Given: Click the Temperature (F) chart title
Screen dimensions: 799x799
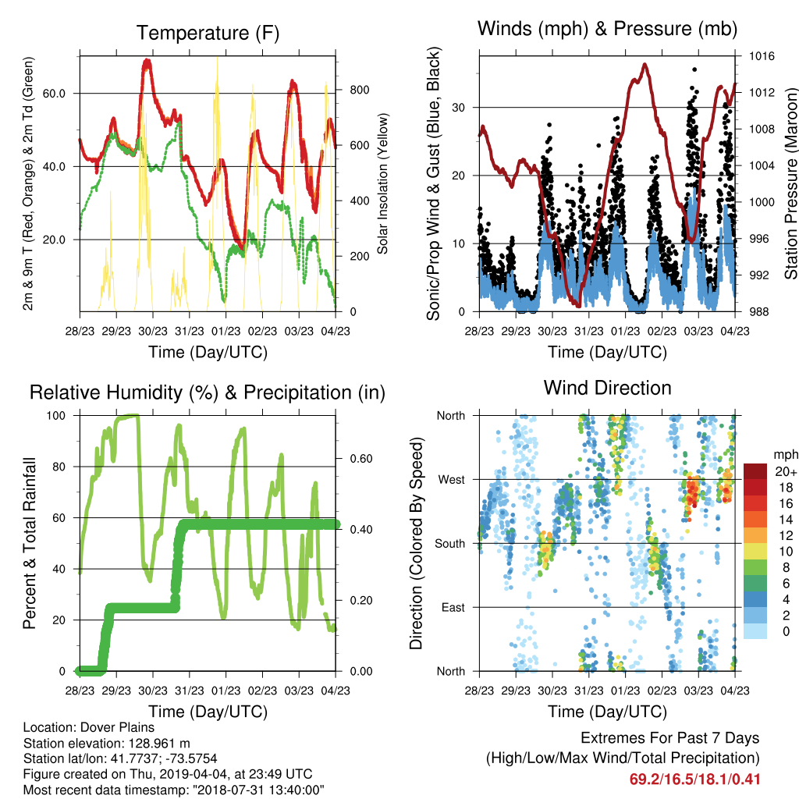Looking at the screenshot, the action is (208, 33).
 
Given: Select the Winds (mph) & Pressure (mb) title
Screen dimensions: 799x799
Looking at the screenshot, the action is (607, 29).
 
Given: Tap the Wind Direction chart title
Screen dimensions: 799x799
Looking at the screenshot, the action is (607, 388).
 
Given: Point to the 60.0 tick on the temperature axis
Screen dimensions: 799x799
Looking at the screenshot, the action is (54, 94).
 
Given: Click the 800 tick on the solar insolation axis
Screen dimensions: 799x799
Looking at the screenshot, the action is (359, 91).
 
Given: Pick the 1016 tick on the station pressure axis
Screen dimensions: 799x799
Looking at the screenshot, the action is (762, 56).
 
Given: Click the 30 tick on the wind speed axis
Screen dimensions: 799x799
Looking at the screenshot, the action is (459, 108).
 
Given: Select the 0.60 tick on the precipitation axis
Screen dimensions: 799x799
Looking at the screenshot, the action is (361, 459).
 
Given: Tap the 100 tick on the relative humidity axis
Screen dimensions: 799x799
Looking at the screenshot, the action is (56, 416).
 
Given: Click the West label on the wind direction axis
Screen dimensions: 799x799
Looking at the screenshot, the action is (452, 480).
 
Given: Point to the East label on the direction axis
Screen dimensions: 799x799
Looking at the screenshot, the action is (453, 607).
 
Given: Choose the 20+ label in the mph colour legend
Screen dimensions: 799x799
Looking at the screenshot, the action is (786, 471).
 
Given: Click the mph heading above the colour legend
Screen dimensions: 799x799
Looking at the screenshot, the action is (786, 455).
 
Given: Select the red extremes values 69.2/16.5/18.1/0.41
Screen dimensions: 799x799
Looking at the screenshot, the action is (694, 779).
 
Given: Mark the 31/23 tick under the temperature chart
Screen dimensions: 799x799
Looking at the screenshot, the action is (190, 331).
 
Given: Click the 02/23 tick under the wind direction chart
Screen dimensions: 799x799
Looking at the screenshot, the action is (662, 691).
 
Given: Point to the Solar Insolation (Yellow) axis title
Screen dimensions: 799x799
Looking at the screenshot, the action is (382, 184).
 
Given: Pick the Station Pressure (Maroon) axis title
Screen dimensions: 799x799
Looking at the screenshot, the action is (791, 183).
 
